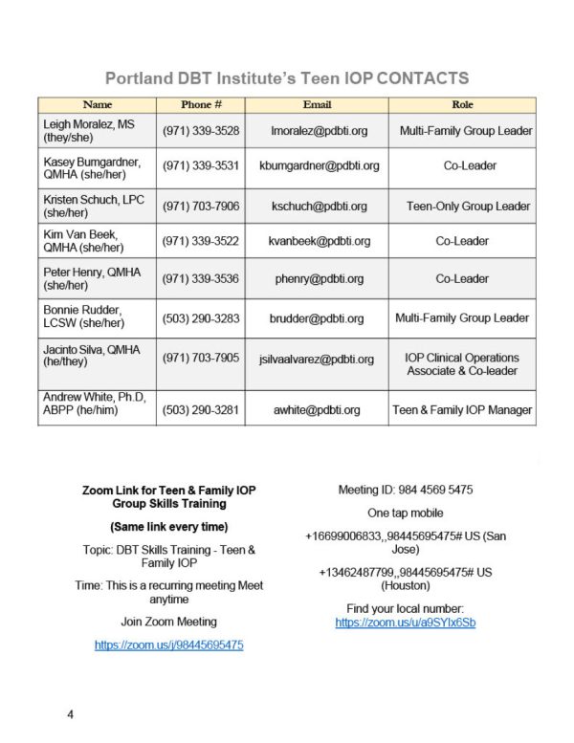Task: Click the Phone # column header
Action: [201, 104]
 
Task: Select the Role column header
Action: [462, 104]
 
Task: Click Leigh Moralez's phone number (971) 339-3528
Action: [201, 130]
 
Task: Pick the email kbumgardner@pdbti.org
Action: [319, 165]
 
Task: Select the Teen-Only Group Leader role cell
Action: [468, 206]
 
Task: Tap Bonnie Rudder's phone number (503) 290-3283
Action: [201, 317]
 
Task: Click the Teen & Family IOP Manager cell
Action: [462, 410]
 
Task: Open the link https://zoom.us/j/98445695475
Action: [168, 645]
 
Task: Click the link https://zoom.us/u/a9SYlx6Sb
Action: [405, 623]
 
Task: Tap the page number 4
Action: [70, 714]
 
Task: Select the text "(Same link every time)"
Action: [168, 527]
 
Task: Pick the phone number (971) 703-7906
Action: [201, 206]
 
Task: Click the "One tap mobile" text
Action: [405, 514]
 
